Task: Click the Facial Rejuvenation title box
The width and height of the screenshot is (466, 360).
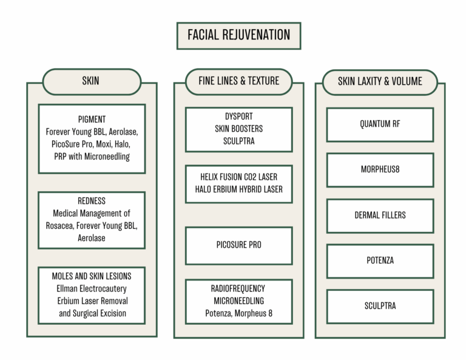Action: [x=238, y=35]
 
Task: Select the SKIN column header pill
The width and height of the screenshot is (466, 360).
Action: [x=91, y=81]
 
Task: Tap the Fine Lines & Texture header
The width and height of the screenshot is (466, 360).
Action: [x=238, y=81]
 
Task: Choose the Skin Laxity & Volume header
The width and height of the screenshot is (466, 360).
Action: [x=380, y=81]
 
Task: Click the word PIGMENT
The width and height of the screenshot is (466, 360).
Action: [x=92, y=119]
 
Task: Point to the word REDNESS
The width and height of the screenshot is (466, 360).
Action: [x=92, y=201]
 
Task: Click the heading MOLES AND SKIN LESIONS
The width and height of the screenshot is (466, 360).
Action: [x=92, y=276]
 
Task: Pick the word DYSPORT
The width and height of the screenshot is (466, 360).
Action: [x=238, y=117]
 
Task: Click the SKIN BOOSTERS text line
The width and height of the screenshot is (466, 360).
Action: [x=238, y=129]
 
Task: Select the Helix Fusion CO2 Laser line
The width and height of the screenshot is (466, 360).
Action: [x=238, y=177]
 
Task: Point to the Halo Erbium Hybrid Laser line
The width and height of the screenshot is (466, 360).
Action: [x=238, y=189]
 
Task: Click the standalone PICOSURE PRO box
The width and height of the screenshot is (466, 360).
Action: [x=238, y=245]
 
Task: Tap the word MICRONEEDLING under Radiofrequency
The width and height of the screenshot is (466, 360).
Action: [x=238, y=301]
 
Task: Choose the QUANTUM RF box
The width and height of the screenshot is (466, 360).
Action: [x=380, y=124]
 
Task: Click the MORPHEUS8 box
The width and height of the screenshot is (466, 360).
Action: [x=380, y=169]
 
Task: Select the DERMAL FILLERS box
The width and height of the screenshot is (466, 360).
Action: [x=380, y=215]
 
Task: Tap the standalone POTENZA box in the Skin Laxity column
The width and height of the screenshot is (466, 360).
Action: [x=380, y=260]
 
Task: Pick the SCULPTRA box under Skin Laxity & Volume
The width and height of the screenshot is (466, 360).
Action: [x=380, y=306]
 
